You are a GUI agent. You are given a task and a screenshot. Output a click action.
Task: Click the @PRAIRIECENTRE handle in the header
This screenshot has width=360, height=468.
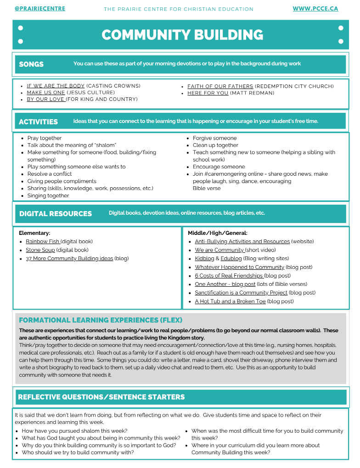pyautogui.click(x=39, y=9)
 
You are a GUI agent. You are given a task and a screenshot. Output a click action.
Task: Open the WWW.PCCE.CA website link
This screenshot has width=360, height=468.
pyautogui.click(x=315, y=9)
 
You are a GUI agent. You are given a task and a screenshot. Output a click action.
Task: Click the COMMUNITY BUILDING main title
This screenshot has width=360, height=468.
pyautogui.click(x=182, y=35)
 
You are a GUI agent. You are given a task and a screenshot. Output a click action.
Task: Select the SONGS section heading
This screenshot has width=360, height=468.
pyautogui.click(x=31, y=64)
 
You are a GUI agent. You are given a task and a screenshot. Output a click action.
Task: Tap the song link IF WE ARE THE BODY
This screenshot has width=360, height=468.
pyautogui.click(x=56, y=86)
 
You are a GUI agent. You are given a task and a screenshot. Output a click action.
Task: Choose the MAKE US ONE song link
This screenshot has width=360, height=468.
pyautogui.click(x=46, y=93)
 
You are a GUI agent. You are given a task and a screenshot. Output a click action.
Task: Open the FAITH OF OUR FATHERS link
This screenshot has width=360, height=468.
pyautogui.click(x=220, y=86)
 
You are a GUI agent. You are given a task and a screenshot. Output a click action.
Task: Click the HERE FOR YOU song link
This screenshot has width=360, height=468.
pyautogui.click(x=208, y=93)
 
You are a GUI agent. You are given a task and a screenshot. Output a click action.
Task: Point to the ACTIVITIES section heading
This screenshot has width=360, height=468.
pyautogui.click(x=38, y=122)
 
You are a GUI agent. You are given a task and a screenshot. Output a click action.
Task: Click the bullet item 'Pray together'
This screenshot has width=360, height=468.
pyautogui.click(x=44, y=138)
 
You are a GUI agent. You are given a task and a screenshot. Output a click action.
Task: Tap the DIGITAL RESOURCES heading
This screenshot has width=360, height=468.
pyautogui.click(x=55, y=214)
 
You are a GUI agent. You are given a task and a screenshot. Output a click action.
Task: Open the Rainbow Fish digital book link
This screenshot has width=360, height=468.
pyautogui.click(x=43, y=241)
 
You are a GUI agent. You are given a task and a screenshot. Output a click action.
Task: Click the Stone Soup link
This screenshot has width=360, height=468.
pyautogui.click(x=40, y=250)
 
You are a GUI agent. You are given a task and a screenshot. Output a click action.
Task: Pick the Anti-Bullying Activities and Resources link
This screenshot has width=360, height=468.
pyautogui.click(x=242, y=241)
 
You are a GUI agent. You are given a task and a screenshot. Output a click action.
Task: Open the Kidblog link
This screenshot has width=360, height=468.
pyautogui.click(x=204, y=258)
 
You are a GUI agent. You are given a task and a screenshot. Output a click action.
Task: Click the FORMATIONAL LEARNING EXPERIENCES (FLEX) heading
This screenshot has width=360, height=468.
pyautogui.click(x=100, y=320)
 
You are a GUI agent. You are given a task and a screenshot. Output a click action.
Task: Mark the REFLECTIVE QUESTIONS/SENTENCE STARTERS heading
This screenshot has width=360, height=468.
pyautogui.click(x=101, y=397)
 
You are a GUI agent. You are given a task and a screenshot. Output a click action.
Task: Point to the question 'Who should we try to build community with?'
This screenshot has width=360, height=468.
pyautogui.click(x=78, y=452)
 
